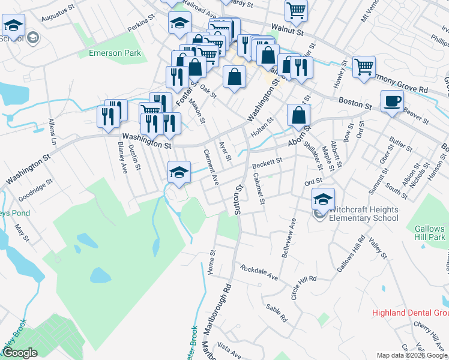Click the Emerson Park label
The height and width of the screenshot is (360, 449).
click(115, 53)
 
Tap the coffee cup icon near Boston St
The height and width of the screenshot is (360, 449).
click(392, 101)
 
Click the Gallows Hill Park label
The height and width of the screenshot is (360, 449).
click(429, 233)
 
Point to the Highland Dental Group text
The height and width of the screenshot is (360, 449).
click(411, 313)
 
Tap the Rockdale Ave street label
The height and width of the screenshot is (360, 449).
click(259, 272)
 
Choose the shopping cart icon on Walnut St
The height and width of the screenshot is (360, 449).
click(296, 10)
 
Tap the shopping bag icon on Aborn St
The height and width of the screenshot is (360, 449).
click(298, 114)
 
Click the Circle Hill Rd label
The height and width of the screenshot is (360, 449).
click(303, 287)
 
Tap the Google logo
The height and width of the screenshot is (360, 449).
click(19, 353)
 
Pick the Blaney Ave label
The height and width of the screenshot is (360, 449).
click(123, 158)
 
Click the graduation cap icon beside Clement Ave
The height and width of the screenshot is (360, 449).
click(178, 172)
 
